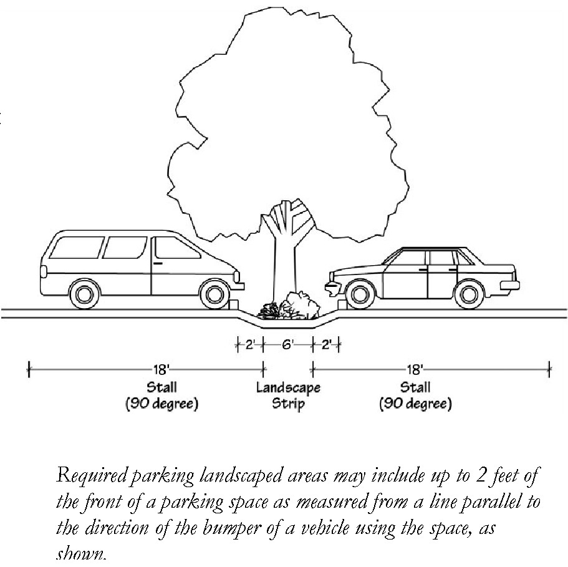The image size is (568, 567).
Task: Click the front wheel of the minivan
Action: [214, 294]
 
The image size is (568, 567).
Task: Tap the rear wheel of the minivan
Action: [82, 294]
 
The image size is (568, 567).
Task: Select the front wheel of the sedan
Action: [358, 294]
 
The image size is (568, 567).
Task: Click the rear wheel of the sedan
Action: [468, 294]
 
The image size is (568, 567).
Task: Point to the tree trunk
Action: [284, 262]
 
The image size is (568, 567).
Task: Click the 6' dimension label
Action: [287, 344]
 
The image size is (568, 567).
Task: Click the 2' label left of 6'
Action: [249, 344]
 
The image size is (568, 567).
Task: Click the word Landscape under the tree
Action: [288, 388]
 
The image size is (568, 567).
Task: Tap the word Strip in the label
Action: [288, 404]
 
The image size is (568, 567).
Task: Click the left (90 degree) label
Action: [161, 404]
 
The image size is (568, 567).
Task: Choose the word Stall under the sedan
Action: [415, 388]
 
